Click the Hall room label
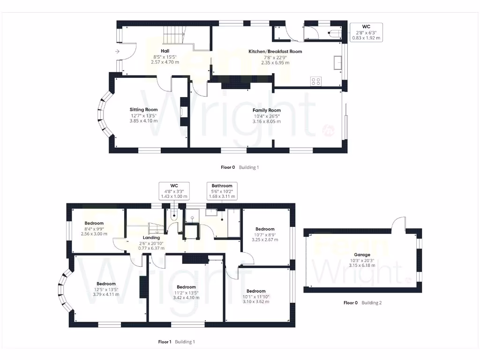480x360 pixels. pos(165,51)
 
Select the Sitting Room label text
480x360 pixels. pos(143,110)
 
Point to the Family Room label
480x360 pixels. pos(267,111)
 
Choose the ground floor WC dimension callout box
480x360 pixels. pos(366,32)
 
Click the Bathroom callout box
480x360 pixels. pos(222,191)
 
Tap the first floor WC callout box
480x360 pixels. pos(174,191)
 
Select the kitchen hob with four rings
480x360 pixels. pos(316,81)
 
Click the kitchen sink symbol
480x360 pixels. pos(337,63)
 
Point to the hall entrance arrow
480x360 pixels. pos(116,52)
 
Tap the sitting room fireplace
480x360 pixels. pos(182,112)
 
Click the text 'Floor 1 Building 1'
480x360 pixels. pos(176,342)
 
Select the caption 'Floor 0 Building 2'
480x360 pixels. pos(362,303)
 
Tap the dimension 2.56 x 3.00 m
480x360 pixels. pos(94,233)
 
